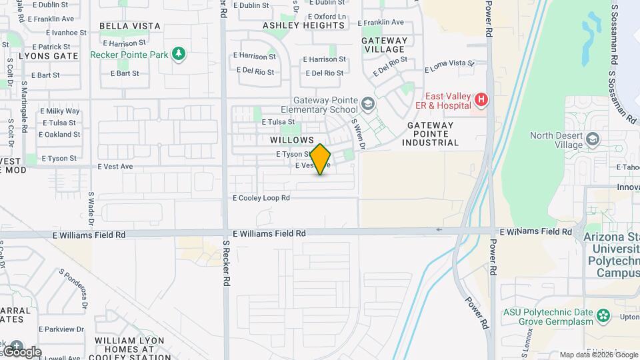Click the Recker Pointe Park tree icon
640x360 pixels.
(178, 53)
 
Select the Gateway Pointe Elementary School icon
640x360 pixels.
(368, 104)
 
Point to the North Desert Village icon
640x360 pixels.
(593, 139)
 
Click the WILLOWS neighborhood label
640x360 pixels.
(292, 140)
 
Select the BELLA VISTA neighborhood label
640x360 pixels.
(130, 26)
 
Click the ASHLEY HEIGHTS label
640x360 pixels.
(304, 26)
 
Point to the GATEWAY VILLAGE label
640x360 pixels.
(383, 45)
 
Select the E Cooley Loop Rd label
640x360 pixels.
(261, 198)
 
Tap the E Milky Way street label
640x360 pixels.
(60, 111)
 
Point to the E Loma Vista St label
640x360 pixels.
(449, 66)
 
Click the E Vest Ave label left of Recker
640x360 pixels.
(115, 167)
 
